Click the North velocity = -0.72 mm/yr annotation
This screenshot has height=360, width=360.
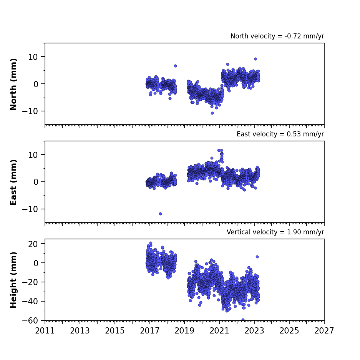click(277, 36)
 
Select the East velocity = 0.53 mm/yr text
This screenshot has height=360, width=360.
click(280, 134)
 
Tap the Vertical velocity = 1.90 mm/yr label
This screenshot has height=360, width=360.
click(275, 232)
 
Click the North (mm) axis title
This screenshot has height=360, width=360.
click(13, 84)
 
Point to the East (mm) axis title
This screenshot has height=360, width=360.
click(13, 182)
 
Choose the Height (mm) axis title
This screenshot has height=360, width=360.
click(13, 280)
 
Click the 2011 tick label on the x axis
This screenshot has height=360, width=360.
click(45, 331)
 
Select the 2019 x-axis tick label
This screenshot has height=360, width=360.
click(184, 331)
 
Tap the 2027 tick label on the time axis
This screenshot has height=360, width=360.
click(324, 331)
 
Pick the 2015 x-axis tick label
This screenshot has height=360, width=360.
click(114, 331)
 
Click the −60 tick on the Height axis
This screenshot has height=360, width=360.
click(30, 320)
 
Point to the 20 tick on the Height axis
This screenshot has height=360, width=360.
click(33, 244)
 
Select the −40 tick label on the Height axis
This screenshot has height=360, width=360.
click(30, 301)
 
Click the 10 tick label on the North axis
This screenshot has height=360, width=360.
click(33, 57)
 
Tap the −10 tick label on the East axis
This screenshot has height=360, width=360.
click(30, 209)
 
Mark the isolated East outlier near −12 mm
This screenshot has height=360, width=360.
click(160, 214)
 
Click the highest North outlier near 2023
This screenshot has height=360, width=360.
click(255, 59)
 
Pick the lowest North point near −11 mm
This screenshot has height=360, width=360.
click(212, 113)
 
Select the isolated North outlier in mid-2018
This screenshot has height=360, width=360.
click(176, 66)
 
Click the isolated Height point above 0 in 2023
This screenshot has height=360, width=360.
click(257, 257)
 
